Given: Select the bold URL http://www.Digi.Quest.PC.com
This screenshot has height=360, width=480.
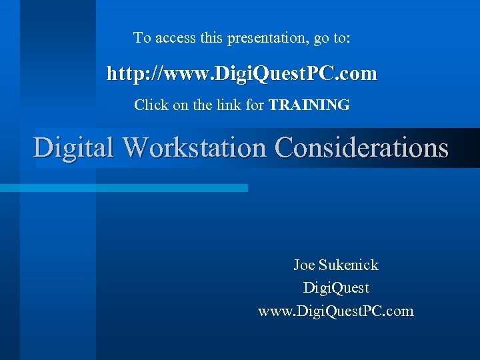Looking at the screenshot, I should click(242, 73).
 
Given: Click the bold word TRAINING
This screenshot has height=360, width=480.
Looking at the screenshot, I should click(309, 105).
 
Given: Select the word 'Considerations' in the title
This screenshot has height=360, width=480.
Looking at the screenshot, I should click(361, 147).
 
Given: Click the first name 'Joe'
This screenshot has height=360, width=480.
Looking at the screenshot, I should click(304, 265).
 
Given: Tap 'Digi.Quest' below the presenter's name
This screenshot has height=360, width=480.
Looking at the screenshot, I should click(336, 288).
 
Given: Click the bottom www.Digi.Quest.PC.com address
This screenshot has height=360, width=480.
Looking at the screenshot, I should click(336, 311).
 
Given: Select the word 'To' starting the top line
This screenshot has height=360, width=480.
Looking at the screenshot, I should click(142, 38).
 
